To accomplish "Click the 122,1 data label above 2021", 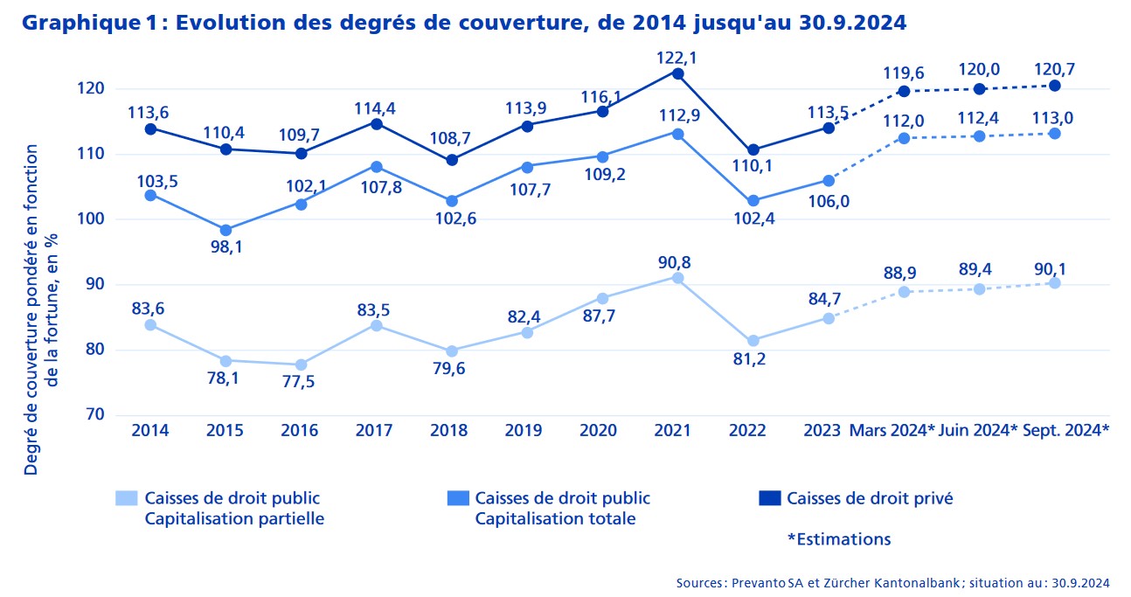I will (x=677, y=57).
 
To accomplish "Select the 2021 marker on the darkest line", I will (x=677, y=73).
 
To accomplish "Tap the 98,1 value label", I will (x=226, y=247).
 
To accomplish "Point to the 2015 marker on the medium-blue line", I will (x=226, y=230).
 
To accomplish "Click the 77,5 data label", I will (x=301, y=382).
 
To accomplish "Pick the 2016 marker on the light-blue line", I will (x=301, y=364).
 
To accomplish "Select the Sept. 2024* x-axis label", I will (x=1065, y=430).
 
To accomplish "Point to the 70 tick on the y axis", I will (x=95, y=415).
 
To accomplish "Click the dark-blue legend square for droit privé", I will (x=768, y=498).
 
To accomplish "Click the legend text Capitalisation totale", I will (x=555, y=519).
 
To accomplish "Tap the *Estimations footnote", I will (x=838, y=539).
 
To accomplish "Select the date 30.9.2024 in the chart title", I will (x=852, y=23).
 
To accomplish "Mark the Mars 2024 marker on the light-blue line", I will (x=904, y=291).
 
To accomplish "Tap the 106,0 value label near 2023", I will (x=829, y=200).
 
